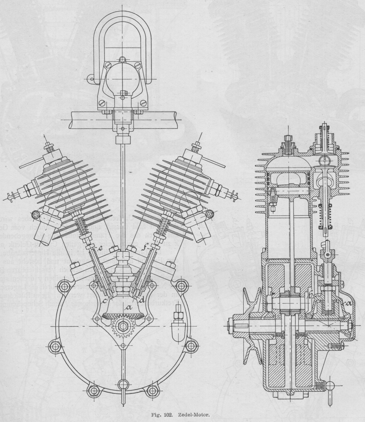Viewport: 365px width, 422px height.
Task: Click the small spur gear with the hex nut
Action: pyautogui.click(x=122, y=325)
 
